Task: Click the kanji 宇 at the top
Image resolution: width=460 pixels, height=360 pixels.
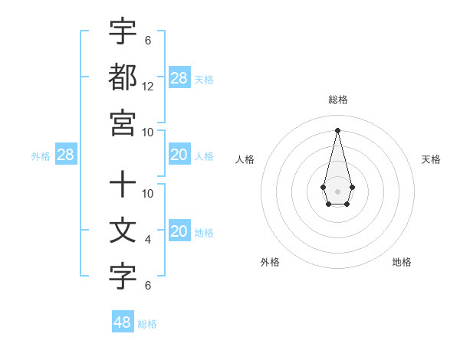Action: coord(123,32)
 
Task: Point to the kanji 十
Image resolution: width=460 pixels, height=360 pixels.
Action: coord(123,185)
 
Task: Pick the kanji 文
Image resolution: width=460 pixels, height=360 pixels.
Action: coord(123,231)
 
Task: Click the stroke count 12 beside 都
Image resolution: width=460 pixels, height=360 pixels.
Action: coord(148,87)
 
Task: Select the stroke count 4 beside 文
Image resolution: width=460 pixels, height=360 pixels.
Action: coord(148,240)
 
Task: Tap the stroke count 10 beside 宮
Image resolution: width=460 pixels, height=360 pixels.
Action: coord(148,131)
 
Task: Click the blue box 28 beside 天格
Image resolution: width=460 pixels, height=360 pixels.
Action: coord(179,78)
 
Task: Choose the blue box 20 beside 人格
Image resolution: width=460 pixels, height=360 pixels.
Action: coord(179,155)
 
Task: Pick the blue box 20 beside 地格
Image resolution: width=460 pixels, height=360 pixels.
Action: coord(179,231)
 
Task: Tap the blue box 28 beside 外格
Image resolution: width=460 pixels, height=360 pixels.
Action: coord(66,155)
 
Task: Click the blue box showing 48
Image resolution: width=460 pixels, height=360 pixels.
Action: coord(123,322)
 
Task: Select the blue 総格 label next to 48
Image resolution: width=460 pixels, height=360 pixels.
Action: coord(147,323)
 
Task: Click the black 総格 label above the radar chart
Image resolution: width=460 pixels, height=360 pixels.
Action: coord(337,100)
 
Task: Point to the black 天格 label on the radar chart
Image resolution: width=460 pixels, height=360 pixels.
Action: coord(431,159)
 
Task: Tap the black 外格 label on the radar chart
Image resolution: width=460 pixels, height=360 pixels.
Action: coord(270,262)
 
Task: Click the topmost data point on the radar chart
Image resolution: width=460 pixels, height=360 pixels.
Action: coord(337,129)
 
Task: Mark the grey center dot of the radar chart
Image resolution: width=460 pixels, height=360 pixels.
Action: coord(337,190)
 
